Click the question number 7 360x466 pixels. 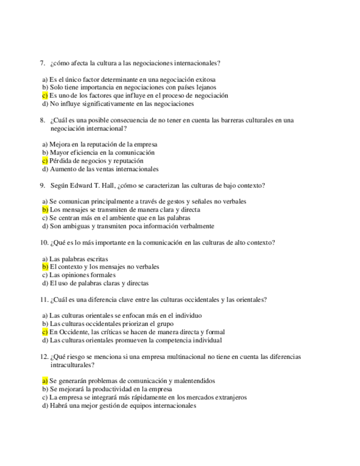pyautogui.click(x=42, y=63)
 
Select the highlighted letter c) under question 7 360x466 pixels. pyautogui.click(x=45, y=95)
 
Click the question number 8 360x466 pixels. pyautogui.click(x=42, y=120)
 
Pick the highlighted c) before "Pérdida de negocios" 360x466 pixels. pyautogui.click(x=45, y=161)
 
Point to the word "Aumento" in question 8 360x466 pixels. pyautogui.click(x=62, y=169)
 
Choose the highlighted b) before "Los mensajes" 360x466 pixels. pyautogui.click(x=45, y=209)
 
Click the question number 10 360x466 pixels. pyautogui.click(x=44, y=242)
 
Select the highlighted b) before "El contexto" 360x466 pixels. pyautogui.click(x=45, y=267)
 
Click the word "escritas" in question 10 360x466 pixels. pyautogui.click(x=96, y=258)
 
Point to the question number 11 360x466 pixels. pyautogui.click(x=44, y=299)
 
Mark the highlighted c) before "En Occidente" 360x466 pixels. pyautogui.click(x=45, y=332)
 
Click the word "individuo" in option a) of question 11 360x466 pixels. pyautogui.click(x=187, y=315)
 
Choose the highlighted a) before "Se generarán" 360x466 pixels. pyautogui.click(x=45, y=380)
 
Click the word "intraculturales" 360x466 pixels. pyautogui.click(x=71, y=364)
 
